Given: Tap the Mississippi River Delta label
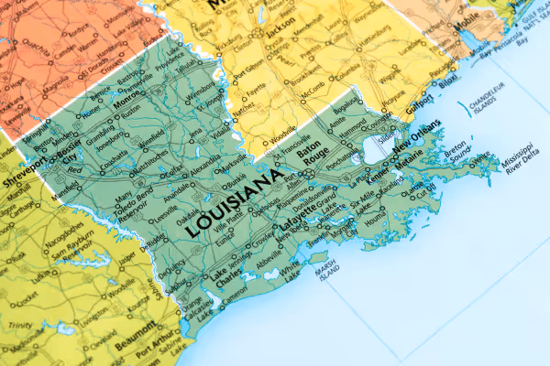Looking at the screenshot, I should click(x=519, y=157).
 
